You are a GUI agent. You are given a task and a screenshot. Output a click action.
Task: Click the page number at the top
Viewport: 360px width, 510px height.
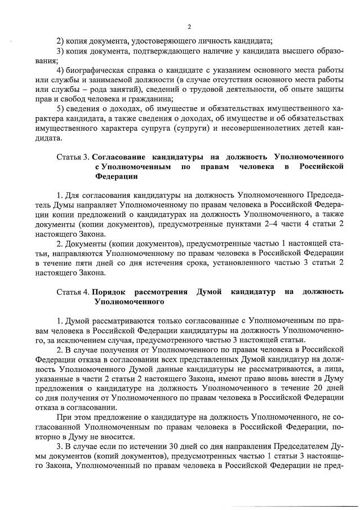[189, 26]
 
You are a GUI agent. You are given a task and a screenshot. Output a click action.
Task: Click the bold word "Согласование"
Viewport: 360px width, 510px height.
[119, 155]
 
